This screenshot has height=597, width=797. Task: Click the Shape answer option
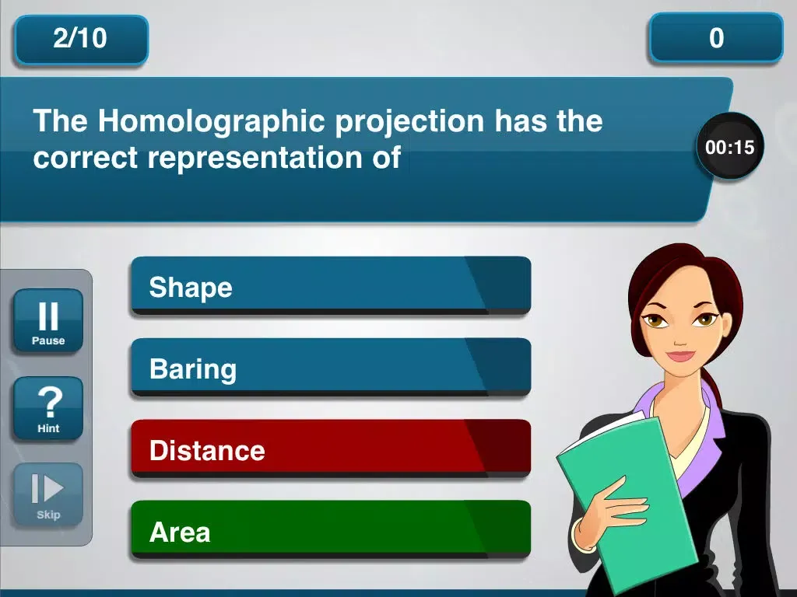(331, 286)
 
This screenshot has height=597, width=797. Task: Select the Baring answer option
(331, 368)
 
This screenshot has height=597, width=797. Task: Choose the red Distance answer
(331, 449)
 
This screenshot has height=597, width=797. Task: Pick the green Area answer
(331, 530)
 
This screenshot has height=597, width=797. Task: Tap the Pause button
(48, 321)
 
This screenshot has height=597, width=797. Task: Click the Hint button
(48, 409)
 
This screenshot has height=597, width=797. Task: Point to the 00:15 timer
(729, 147)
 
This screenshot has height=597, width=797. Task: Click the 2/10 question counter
(81, 39)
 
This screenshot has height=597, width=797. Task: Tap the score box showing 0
(716, 38)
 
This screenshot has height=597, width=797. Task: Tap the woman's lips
(680, 354)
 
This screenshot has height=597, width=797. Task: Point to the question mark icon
(50, 402)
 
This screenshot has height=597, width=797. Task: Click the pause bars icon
(48, 316)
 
